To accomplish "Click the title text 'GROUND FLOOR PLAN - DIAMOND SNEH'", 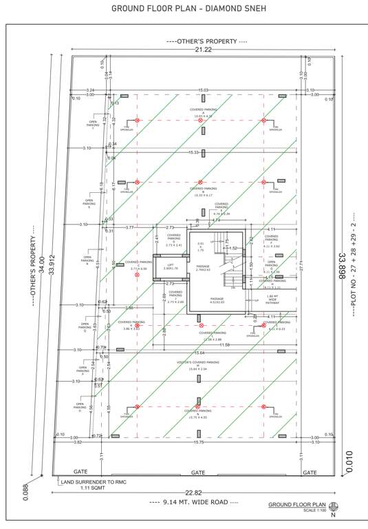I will click(184, 9).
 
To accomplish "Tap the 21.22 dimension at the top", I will click(203, 50).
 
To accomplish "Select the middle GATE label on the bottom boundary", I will click(197, 473).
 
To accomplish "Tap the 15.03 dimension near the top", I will click(203, 90).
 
